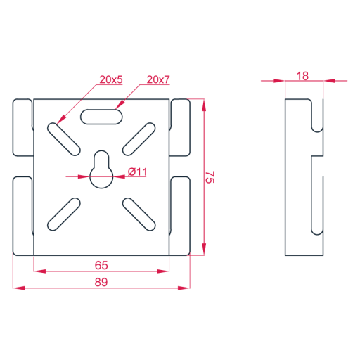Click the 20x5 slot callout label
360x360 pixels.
pos(111,79)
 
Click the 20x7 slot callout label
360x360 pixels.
pos(158,79)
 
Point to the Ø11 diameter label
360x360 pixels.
pos(138,172)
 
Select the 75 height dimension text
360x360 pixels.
pos(210,177)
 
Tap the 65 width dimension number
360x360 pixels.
pos(101,265)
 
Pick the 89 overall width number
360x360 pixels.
pos(101,282)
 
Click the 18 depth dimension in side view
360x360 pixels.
pos(302,76)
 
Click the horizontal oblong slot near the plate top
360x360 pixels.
pos(101,117)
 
